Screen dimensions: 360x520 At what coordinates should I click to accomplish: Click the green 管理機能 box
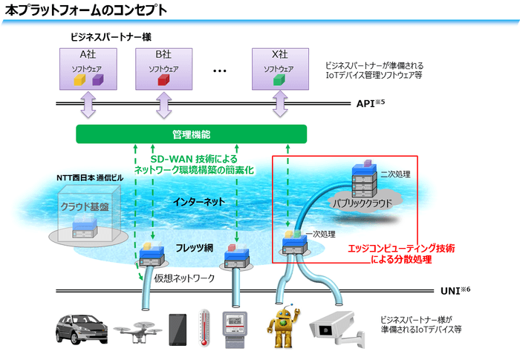coord(191,134)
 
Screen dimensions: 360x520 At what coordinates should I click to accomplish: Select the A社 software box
coord(88,68)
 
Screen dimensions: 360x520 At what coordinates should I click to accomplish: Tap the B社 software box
coord(163,68)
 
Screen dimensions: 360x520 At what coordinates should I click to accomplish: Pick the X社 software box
coord(279,68)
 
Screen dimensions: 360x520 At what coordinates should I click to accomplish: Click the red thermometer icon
coord(204,327)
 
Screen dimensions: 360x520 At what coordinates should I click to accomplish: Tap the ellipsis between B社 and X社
coord(220,71)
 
